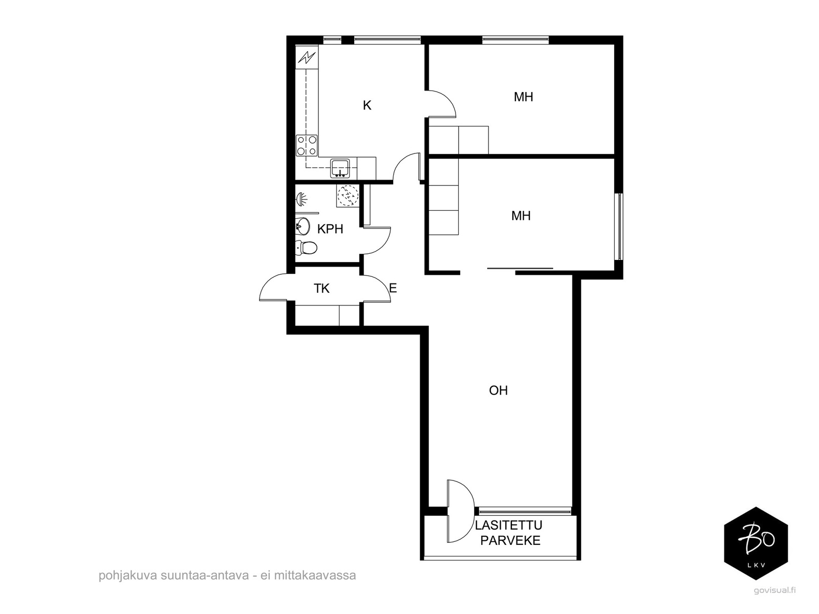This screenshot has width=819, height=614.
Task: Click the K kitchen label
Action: click(x=367, y=105)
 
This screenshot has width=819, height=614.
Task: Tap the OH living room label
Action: click(x=498, y=390)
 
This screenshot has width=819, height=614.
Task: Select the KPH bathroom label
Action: click(x=330, y=229)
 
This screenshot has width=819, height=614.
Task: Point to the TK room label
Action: click(x=321, y=288)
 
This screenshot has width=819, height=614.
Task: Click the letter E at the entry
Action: click(x=393, y=288)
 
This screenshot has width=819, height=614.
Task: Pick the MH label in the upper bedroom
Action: click(x=524, y=97)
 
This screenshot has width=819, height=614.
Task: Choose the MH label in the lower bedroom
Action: click(x=521, y=215)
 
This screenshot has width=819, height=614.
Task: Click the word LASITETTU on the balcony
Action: click(x=508, y=525)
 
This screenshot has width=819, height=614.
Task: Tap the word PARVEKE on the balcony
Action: click(x=510, y=540)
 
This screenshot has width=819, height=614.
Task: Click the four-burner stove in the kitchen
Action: click(x=307, y=145)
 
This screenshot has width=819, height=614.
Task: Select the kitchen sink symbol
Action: click(x=340, y=168)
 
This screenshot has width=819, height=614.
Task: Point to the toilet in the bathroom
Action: click(x=306, y=247)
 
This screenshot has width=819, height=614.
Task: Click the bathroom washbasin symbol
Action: click(x=303, y=226)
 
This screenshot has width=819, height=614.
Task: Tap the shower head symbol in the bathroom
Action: click(x=301, y=199)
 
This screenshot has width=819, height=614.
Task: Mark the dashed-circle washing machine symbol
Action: click(x=348, y=195)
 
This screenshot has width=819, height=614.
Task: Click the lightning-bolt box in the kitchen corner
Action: click(x=307, y=57)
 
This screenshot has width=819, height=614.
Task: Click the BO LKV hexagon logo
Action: click(x=756, y=543)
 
